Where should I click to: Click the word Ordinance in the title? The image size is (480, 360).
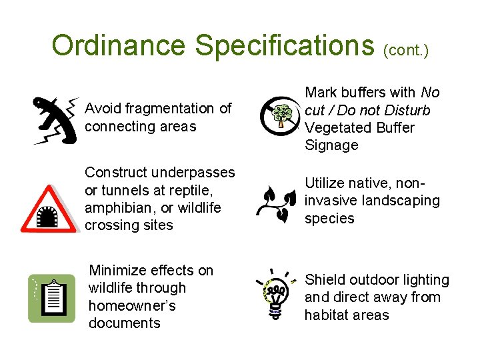click(x=119, y=45)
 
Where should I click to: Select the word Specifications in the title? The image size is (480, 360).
click(x=285, y=45)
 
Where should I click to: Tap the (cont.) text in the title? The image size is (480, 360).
click(x=407, y=49)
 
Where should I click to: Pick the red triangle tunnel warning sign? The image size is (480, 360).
click(x=49, y=210)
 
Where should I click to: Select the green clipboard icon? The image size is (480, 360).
click(x=51, y=298)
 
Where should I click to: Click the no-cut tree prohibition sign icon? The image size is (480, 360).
click(x=279, y=114)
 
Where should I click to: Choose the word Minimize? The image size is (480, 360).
click(x=118, y=270)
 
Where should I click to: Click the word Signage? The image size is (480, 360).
click(x=331, y=145)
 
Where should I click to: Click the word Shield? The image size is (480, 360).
click(x=324, y=280)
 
